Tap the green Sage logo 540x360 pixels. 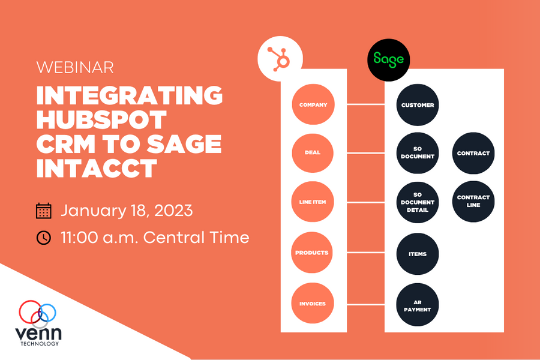pos(389,59)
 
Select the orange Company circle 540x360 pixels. pos(313,105)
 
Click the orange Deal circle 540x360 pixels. pos(313,152)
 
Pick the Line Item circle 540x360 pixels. pos(313,202)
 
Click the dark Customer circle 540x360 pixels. pos(418,105)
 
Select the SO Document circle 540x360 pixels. pos(418,153)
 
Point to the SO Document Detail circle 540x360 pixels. pos(418,203)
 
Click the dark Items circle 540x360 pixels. pos(418,254)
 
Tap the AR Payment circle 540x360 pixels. pos(418,305)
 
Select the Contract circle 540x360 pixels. pos(473,153)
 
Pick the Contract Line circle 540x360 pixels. pos(473,201)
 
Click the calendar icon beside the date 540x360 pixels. pos(44,211)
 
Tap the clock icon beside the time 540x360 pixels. pos(44,238)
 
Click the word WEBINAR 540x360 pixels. pos(75,67)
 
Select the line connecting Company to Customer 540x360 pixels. pos(365,105)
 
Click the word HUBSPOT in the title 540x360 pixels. pos(101,120)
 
